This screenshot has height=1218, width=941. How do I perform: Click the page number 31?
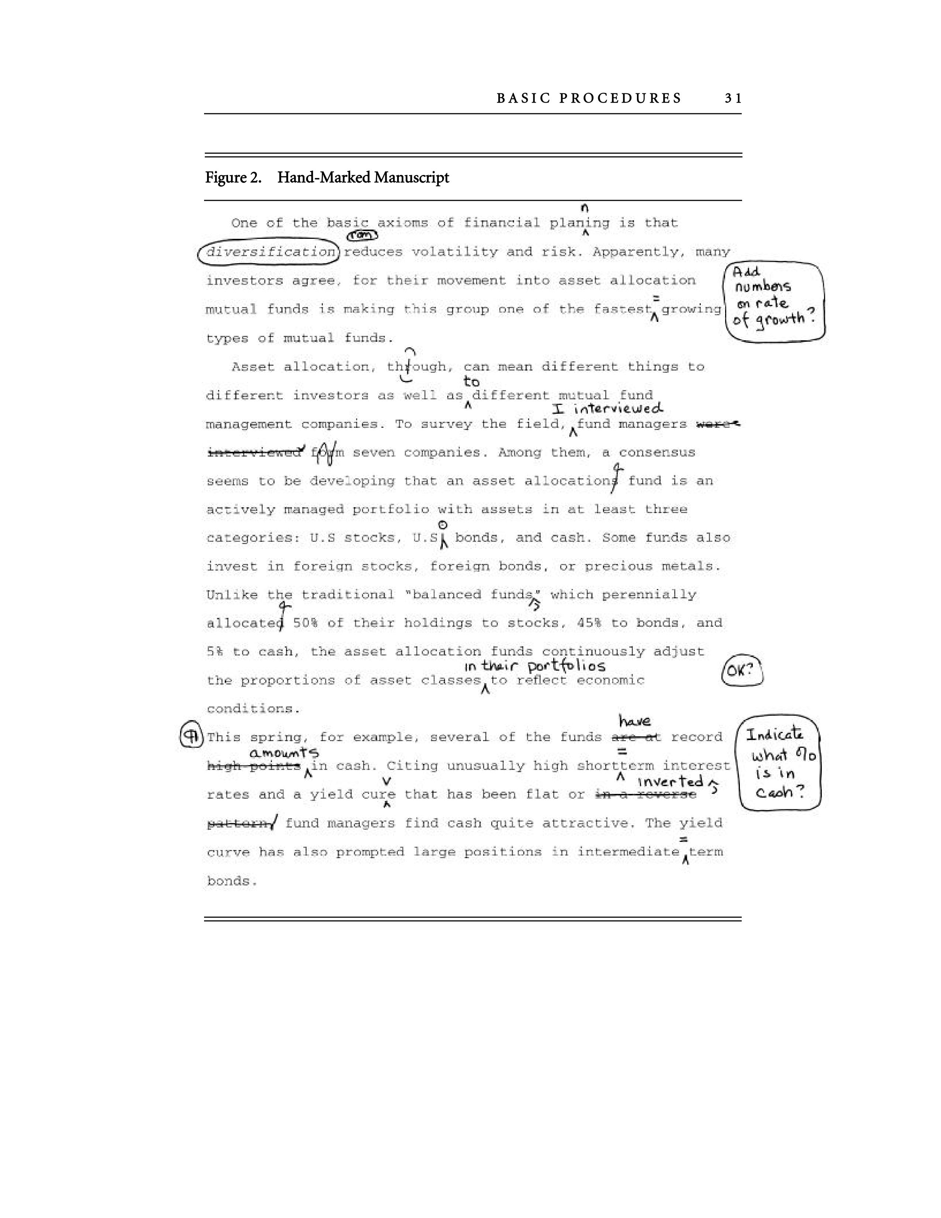(733, 99)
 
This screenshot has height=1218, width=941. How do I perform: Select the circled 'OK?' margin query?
(742, 670)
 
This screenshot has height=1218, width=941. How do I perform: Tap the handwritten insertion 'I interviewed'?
(608, 409)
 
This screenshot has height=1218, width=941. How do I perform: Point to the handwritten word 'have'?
(634, 722)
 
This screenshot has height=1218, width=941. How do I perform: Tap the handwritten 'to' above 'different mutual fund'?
(471, 382)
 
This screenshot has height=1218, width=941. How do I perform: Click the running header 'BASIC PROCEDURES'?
(589, 99)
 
